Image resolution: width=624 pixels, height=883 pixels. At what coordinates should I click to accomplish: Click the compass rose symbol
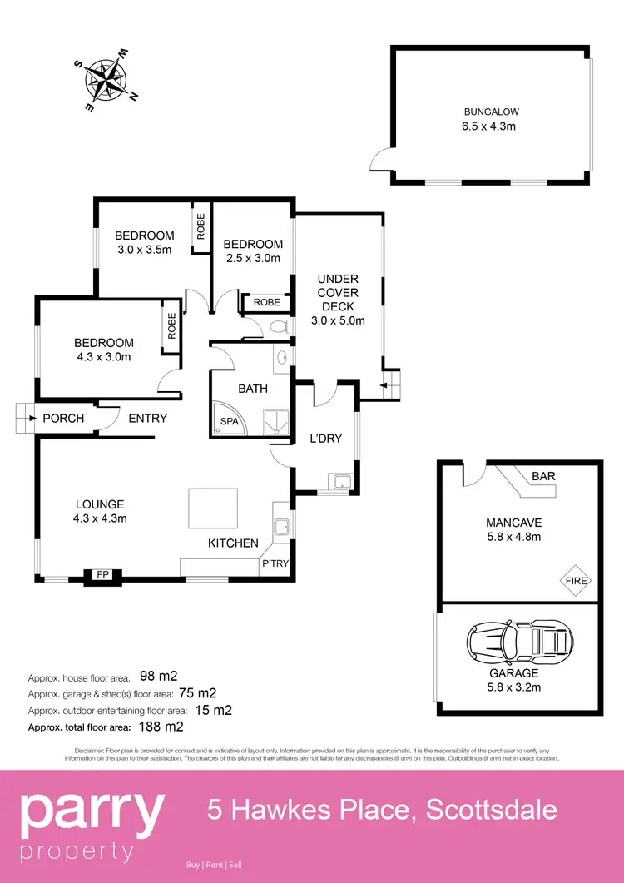pyautogui.click(x=105, y=80)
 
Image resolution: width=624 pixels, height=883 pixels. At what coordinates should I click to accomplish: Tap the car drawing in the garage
pyautogui.click(x=520, y=642)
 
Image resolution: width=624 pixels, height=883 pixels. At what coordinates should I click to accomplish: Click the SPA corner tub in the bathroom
pyautogui.click(x=228, y=420)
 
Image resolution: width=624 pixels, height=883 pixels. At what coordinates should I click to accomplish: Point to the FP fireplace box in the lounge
pyautogui.click(x=102, y=574)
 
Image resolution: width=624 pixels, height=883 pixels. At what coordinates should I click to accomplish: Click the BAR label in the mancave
pyautogui.click(x=544, y=476)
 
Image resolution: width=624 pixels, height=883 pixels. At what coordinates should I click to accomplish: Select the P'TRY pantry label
pyautogui.click(x=275, y=563)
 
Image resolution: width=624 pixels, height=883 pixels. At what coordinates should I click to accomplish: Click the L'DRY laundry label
pyautogui.click(x=324, y=439)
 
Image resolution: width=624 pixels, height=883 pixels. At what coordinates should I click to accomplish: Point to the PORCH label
pyautogui.click(x=63, y=418)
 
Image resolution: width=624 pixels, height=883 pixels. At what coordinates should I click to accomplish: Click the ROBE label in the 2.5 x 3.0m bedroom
pyautogui.click(x=267, y=302)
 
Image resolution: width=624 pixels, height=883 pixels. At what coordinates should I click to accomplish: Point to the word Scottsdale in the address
pyautogui.click(x=492, y=810)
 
